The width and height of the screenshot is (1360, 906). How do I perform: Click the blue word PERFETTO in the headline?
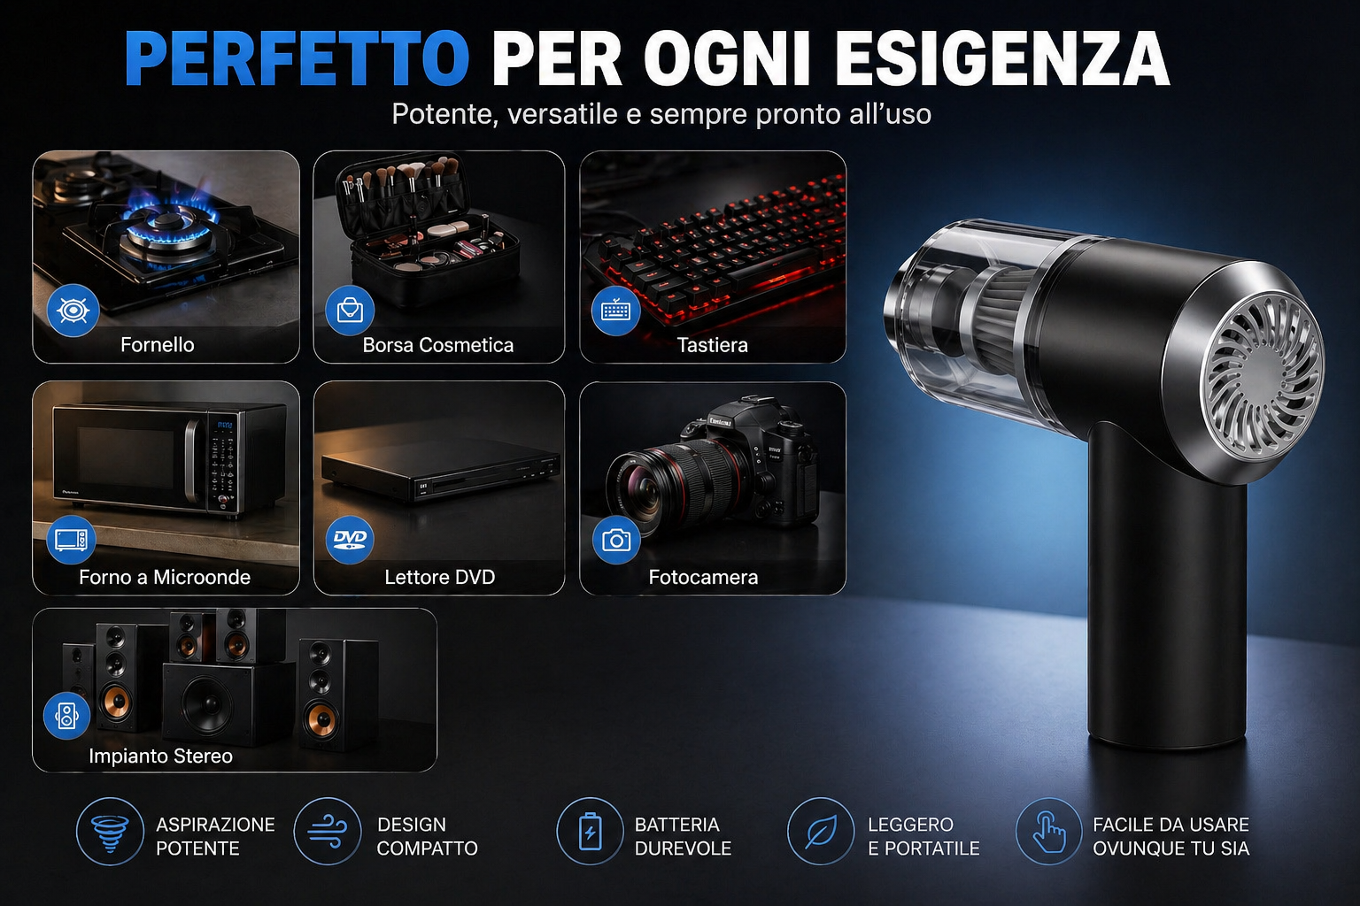pyautogui.click(x=297, y=58)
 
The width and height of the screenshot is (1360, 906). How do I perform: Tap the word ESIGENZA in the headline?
pyautogui.click(x=1001, y=58)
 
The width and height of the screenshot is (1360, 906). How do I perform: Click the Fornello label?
pyautogui.click(x=158, y=345)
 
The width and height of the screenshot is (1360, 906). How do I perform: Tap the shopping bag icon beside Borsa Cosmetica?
pyautogui.click(x=350, y=310)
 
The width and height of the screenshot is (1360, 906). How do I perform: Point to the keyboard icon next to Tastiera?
pyautogui.click(x=615, y=311)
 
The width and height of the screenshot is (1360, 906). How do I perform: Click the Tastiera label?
pyautogui.click(x=712, y=345)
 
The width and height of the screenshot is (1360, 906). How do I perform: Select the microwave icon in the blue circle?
pyautogui.click(x=71, y=539)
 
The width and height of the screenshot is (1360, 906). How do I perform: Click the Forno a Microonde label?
pyautogui.click(x=165, y=577)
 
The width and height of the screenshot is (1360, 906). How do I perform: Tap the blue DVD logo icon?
pyautogui.click(x=350, y=540)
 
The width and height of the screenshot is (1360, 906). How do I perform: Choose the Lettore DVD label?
pyautogui.click(x=439, y=577)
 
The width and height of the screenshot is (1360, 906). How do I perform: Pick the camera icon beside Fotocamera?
pyautogui.click(x=616, y=540)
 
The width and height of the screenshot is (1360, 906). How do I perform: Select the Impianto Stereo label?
pyautogui.click(x=161, y=756)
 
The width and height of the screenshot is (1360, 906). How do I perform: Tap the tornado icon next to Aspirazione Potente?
pyautogui.click(x=110, y=832)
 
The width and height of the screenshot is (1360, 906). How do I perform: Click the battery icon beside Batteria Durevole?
pyautogui.click(x=591, y=832)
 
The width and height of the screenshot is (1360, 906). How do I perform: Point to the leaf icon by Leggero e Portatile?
pyautogui.click(x=821, y=832)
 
